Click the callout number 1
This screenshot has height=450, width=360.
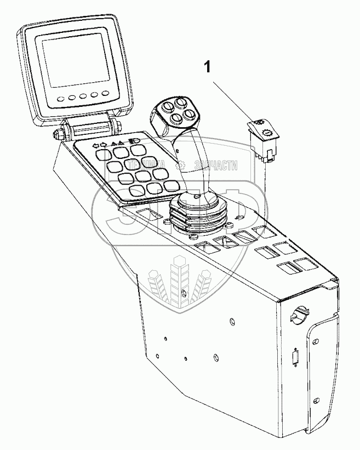tap(207, 68)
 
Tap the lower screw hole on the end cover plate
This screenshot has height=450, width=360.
tap(313, 394)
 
